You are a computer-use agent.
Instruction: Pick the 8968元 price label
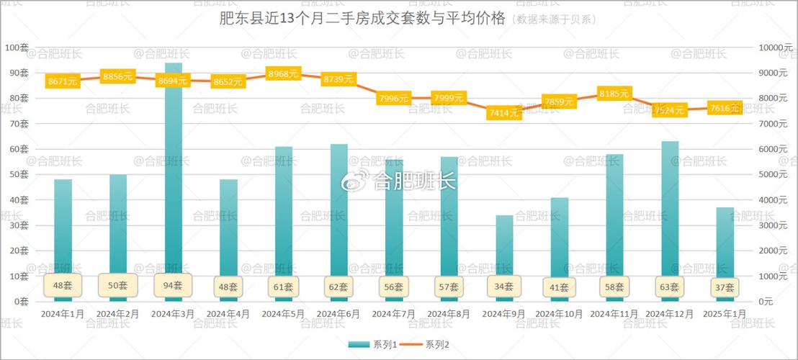(284, 74)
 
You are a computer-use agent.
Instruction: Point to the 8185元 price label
(614, 94)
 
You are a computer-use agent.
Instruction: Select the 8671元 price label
(63, 81)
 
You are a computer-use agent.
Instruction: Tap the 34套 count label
(504, 286)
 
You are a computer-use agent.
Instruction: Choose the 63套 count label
(670, 287)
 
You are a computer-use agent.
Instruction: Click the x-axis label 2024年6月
(339, 315)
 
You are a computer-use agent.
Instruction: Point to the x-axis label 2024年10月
(560, 315)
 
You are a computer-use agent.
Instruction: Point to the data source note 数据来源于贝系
(554, 19)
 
